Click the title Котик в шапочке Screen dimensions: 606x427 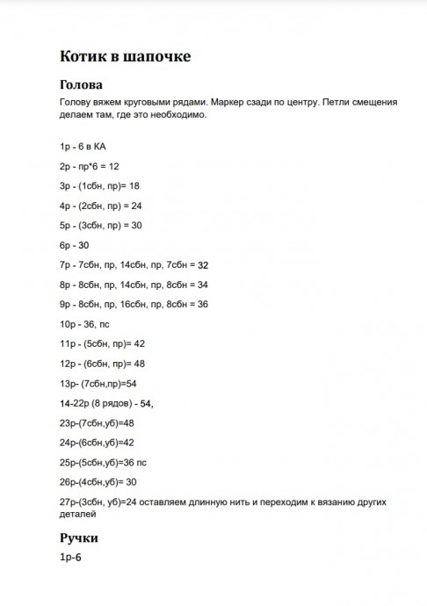(124, 56)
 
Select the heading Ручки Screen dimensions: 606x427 (79, 537)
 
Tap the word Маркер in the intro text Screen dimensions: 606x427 (235, 102)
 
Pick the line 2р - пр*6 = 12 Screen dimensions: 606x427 (90, 165)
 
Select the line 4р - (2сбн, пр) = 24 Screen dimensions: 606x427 (102, 205)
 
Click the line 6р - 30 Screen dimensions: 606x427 (75, 244)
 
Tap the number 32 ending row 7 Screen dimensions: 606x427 (203, 264)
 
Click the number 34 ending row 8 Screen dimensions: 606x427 (202, 285)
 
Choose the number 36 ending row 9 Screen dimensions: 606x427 (202, 304)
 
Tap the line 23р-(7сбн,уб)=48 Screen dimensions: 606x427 (97, 422)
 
